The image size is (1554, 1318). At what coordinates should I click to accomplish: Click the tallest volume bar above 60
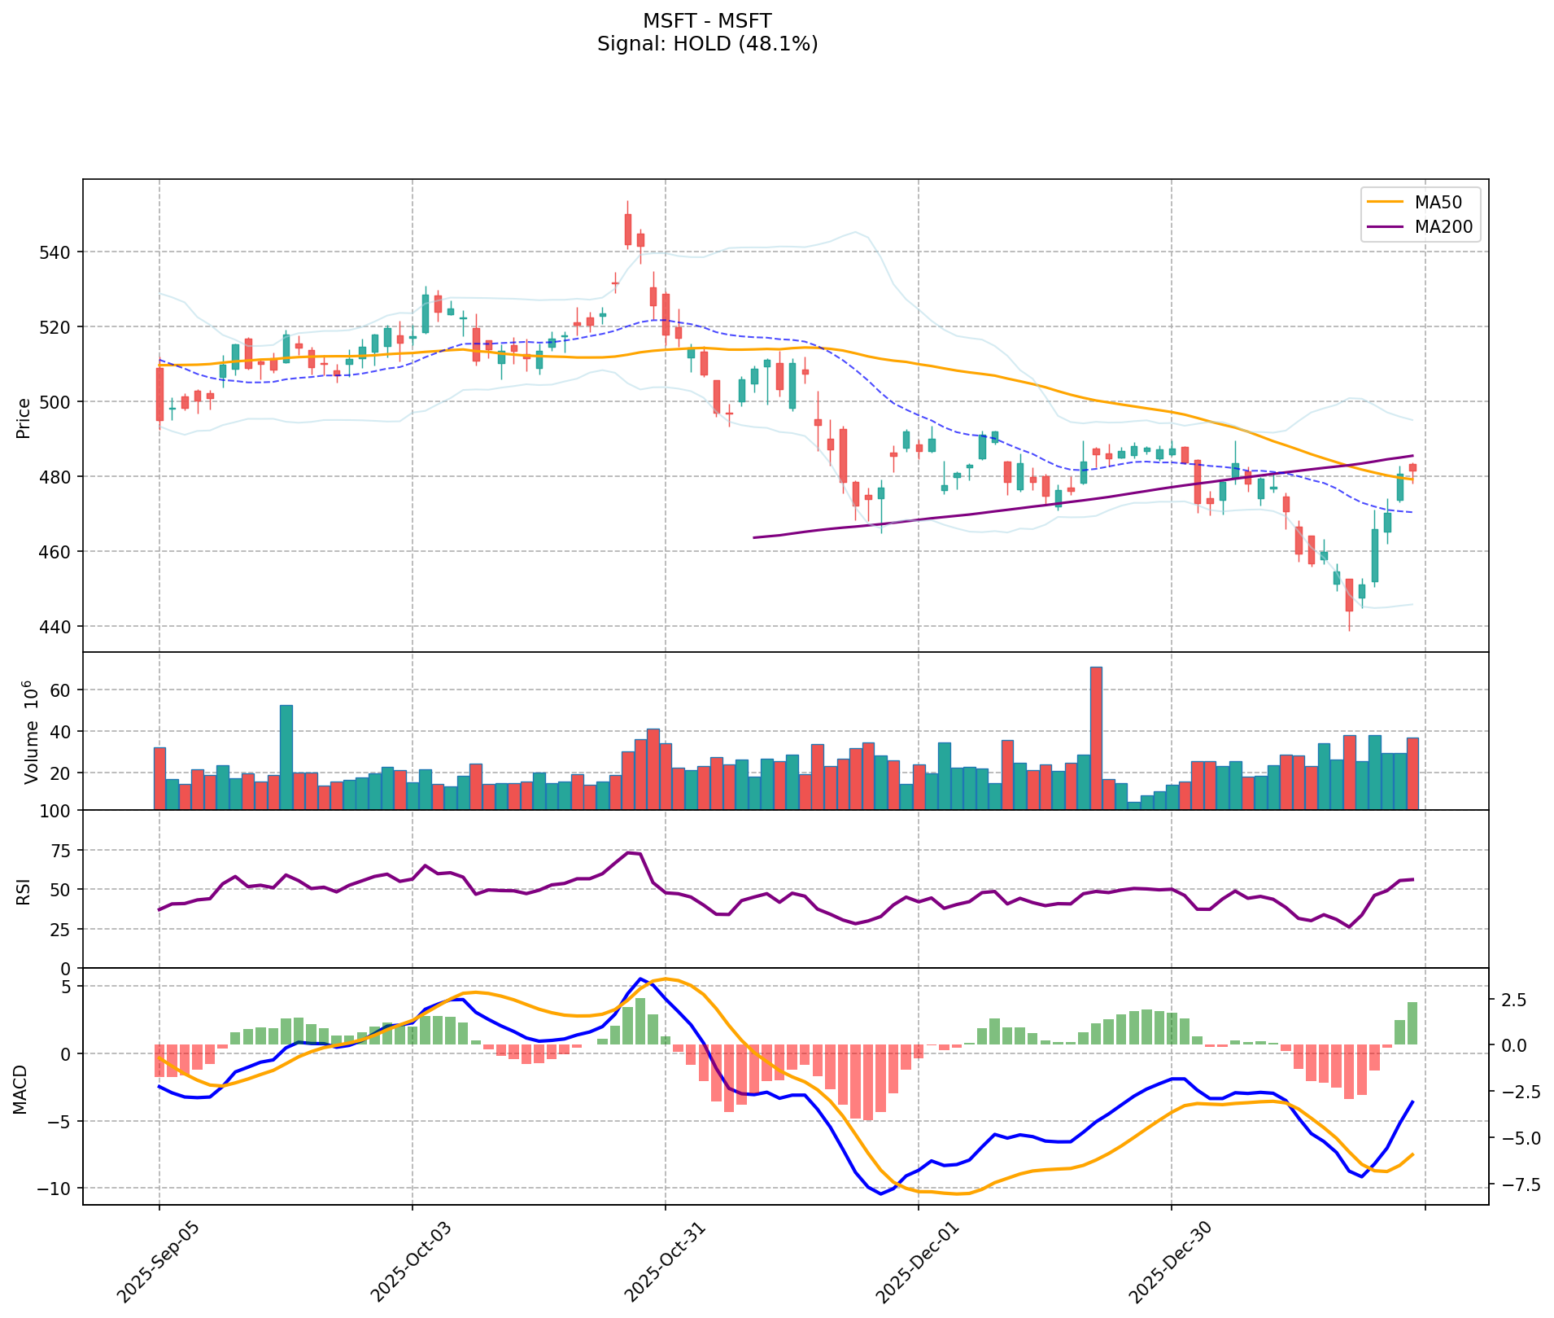[x=1096, y=738]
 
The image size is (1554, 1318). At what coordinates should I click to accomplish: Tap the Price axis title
[x=24, y=418]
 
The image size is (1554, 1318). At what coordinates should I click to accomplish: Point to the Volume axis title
[x=31, y=732]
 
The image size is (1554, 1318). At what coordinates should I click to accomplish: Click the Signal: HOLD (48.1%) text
[x=707, y=44]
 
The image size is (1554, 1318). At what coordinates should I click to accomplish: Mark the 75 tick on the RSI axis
[x=61, y=851]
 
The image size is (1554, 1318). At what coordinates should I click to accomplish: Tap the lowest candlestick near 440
[x=1349, y=594]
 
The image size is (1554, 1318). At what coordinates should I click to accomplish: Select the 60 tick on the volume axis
[x=61, y=690]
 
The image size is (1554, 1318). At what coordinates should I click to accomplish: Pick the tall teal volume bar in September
[x=286, y=757]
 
